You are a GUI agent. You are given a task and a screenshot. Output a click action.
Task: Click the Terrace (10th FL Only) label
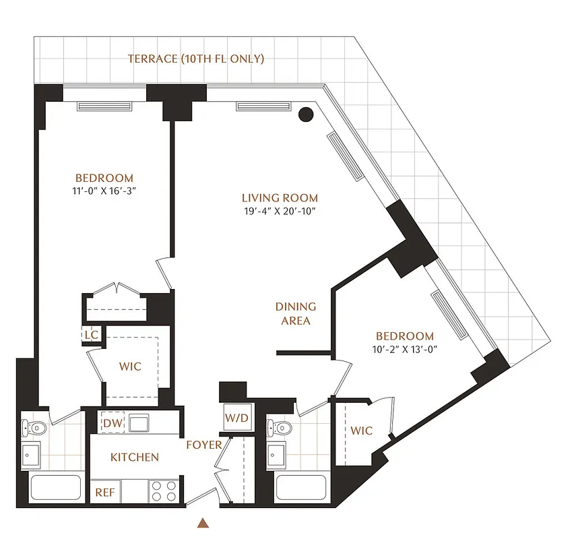coord(196,59)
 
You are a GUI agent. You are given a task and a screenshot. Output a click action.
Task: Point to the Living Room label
coord(280,198)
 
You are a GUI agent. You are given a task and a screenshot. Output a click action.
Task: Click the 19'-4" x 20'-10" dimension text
coord(280,211)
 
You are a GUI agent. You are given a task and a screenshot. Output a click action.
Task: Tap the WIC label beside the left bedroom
coord(130,367)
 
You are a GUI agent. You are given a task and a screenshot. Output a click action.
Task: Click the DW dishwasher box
coord(112,423)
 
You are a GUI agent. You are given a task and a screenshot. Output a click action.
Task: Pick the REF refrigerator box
coord(104,492)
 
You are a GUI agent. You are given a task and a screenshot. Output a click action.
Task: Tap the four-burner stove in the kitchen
coord(162,490)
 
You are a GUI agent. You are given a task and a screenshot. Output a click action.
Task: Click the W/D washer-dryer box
coord(236,418)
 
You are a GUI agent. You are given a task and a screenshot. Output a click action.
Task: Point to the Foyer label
coord(204,445)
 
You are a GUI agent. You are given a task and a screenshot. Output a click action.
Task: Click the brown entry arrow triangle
coord(203,522)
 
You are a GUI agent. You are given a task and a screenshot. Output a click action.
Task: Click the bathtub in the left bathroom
coord(56,488)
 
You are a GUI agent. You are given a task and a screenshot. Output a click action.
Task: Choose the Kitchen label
coord(135,457)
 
